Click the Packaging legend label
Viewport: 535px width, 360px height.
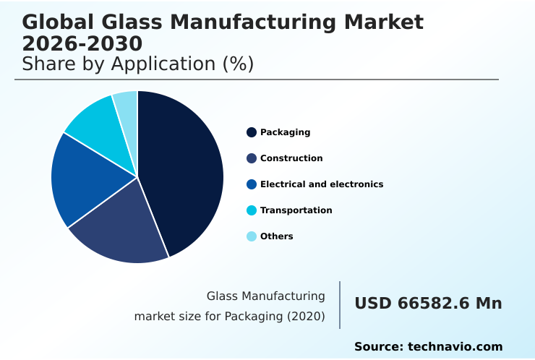tap(285, 132)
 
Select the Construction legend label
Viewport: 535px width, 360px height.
tap(291, 158)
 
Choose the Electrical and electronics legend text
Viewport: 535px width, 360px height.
tap(322, 184)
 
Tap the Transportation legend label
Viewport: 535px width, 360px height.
tap(296, 210)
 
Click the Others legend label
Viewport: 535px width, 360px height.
tap(276, 236)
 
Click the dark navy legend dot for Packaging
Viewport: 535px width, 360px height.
tap(252, 132)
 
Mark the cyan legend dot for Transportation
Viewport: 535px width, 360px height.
tap(252, 210)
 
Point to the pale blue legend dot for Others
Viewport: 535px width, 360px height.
tap(252, 236)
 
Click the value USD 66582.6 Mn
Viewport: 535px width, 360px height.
tap(428, 304)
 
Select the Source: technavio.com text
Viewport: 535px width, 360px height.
tap(428, 347)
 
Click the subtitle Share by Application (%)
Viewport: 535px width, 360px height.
tap(137, 64)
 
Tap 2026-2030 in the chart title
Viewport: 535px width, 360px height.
tap(82, 43)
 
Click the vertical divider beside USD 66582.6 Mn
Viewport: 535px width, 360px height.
tap(340, 305)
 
